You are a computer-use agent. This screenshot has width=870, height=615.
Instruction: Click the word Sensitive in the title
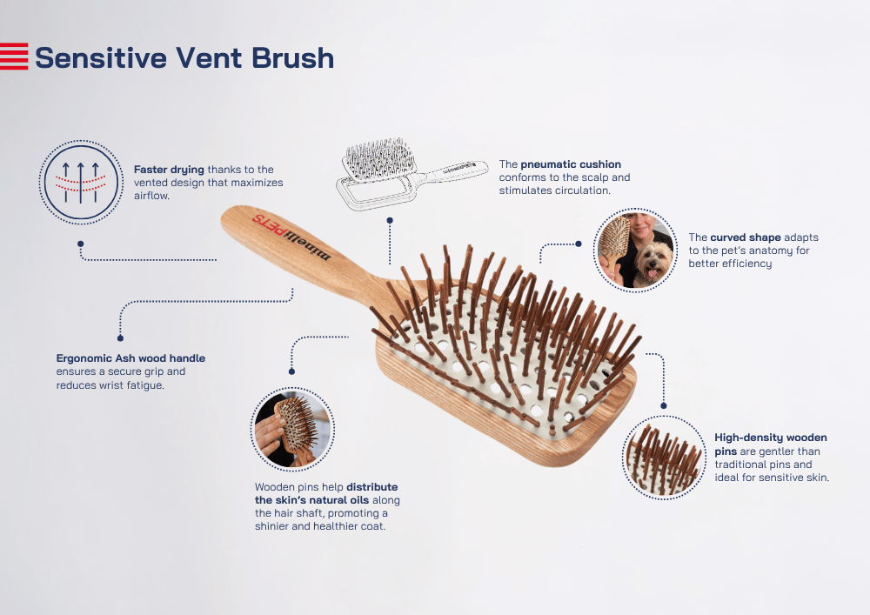click(101, 57)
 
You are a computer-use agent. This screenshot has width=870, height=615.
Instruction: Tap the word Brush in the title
click(293, 57)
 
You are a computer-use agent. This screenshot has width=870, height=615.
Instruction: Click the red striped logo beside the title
click(14, 56)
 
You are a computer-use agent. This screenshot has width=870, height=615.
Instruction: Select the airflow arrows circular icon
click(81, 183)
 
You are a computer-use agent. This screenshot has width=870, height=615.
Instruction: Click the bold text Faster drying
click(169, 170)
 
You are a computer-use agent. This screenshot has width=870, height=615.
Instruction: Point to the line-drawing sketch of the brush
click(411, 173)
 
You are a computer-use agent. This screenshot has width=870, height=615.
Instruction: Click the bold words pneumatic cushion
click(571, 164)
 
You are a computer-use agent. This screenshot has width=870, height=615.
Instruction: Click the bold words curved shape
click(745, 237)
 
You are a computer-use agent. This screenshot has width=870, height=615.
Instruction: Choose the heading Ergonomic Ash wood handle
click(130, 358)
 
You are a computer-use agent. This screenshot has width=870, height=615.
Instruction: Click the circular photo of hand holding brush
click(292, 429)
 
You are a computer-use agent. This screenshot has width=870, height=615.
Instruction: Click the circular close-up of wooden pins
click(664, 458)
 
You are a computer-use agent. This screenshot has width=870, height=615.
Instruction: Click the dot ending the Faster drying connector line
click(80, 244)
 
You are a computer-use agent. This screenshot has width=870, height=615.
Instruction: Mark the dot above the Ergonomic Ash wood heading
click(120, 338)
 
